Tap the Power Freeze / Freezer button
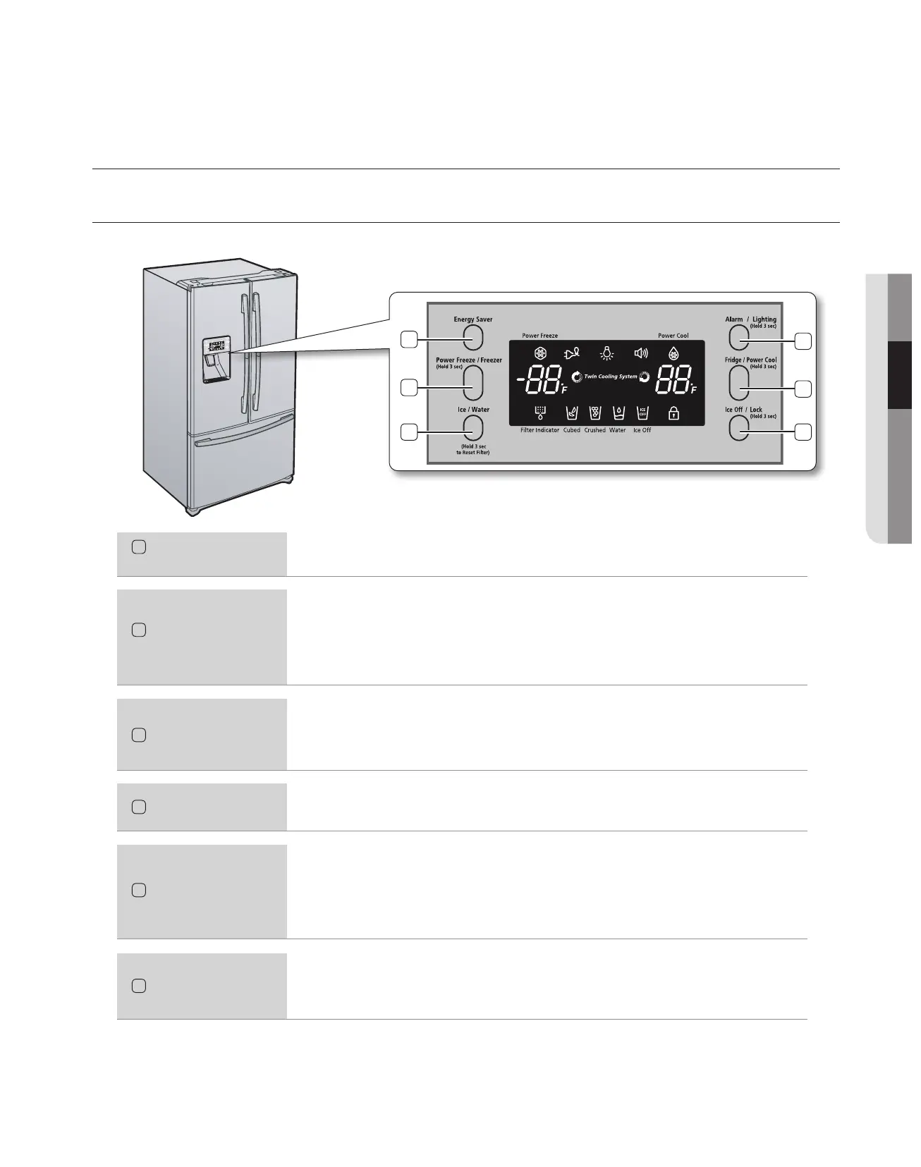point(473,384)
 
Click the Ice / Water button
point(473,429)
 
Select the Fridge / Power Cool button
point(739,384)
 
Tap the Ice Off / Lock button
point(739,428)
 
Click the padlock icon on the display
point(673,414)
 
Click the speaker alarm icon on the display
point(640,354)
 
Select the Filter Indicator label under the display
point(539,430)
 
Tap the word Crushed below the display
point(594,430)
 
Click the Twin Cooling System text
point(610,377)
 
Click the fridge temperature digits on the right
point(672,383)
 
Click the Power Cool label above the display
point(673,336)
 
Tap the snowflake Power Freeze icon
point(541,354)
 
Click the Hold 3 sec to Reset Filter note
point(472,449)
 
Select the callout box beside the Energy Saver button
point(408,340)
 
